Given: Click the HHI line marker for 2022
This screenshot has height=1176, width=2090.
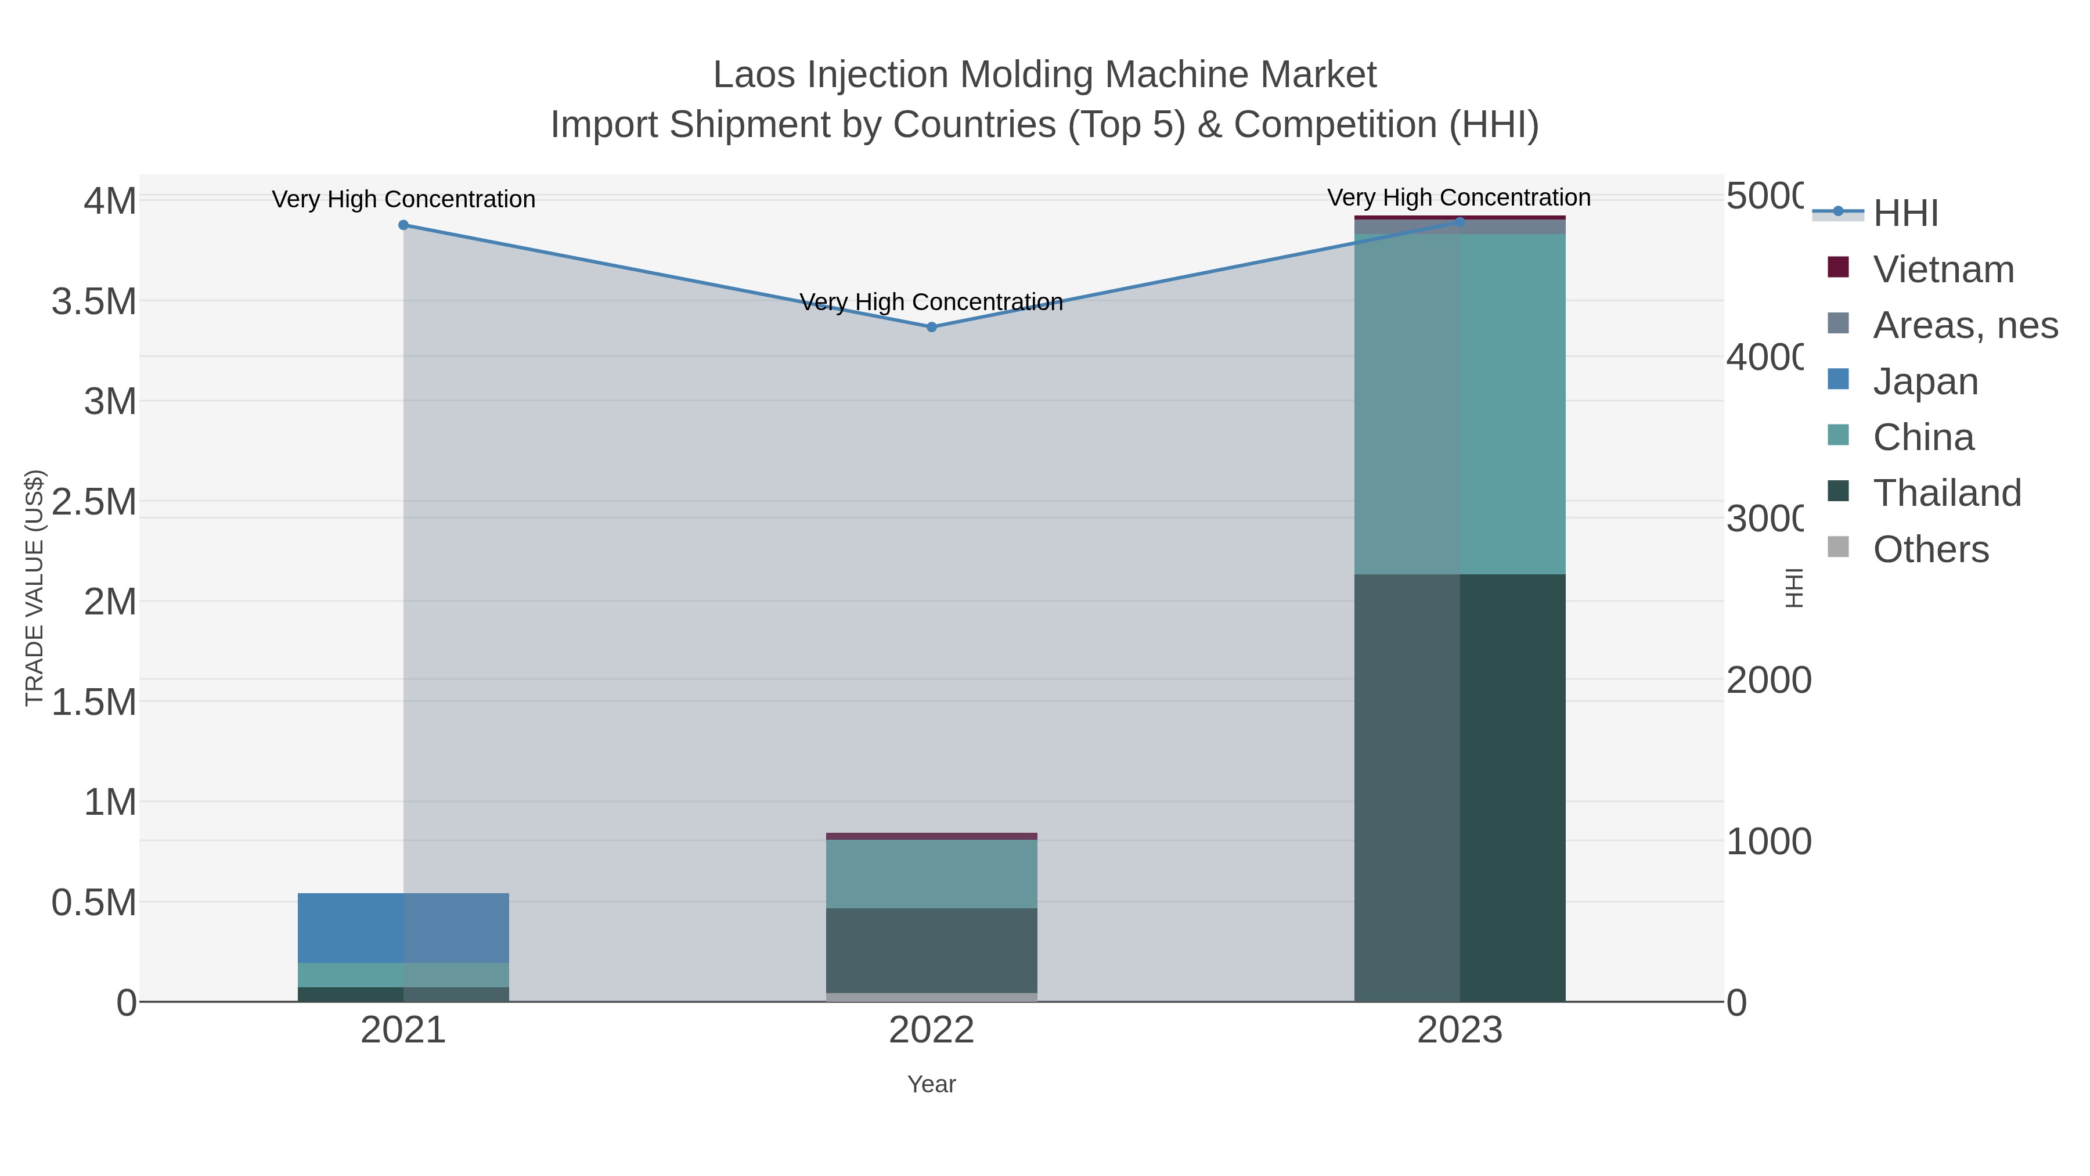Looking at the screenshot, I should click(x=931, y=327).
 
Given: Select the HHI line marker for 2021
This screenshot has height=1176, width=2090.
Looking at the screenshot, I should click(x=403, y=225).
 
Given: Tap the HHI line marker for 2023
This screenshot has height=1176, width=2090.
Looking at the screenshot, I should click(x=1460, y=222).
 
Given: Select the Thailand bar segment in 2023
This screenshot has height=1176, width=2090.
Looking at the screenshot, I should click(x=1460, y=787).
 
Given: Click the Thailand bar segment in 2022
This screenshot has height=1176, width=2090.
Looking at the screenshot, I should click(x=931, y=950).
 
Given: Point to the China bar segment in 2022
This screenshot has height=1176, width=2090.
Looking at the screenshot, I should click(x=931, y=873).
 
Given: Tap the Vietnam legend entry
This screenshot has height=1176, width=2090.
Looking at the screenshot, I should click(x=1943, y=269).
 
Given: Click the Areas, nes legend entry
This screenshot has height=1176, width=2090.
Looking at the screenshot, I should click(x=1964, y=325).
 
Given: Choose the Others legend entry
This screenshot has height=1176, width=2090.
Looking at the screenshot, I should click(x=1930, y=549).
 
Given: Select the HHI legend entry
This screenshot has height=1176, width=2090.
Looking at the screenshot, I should click(x=1905, y=214).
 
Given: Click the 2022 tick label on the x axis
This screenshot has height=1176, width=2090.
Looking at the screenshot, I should click(x=931, y=1031).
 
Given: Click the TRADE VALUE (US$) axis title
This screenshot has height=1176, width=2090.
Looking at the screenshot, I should click(x=34, y=588).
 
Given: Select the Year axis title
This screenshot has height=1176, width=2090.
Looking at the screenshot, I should click(x=931, y=1084).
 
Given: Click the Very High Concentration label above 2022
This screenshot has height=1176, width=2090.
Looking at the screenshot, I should click(x=931, y=302).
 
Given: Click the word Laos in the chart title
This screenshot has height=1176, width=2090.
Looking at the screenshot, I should click(x=755, y=75).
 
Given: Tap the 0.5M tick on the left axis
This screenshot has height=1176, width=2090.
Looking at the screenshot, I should click(x=94, y=902).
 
